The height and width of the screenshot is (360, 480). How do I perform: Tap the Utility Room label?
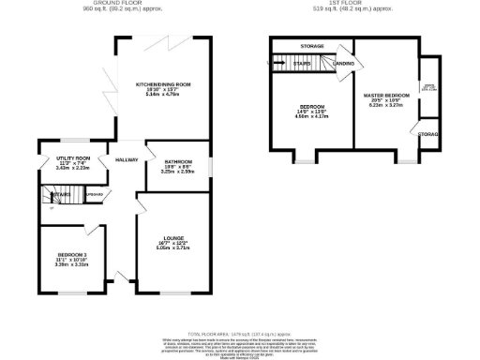coord(73,158)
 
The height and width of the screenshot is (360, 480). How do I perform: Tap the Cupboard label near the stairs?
coord(94,194)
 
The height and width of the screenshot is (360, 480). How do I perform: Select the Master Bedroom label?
coord(386,96)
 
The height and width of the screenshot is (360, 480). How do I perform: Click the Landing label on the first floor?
coord(343,64)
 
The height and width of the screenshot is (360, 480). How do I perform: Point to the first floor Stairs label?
coord(302,64)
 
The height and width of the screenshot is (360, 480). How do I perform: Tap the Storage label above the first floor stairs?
coord(313,45)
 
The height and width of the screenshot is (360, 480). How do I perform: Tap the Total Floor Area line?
coord(240,334)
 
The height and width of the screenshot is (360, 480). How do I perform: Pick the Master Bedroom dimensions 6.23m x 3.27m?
coord(386,107)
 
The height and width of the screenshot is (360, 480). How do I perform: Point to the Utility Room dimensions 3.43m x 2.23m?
coord(73,170)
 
